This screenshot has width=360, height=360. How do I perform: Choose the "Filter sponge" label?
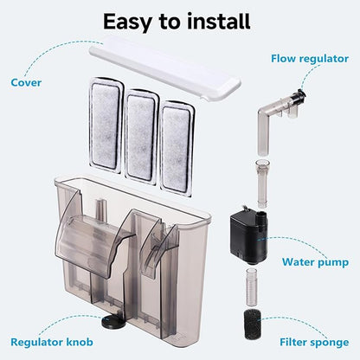(314, 342)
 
